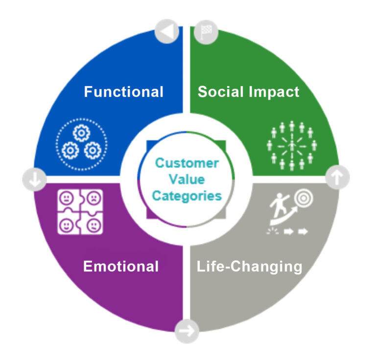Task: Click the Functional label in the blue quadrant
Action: pyautogui.click(x=123, y=91)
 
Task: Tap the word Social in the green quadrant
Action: pyautogui.click(x=220, y=91)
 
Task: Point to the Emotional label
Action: pyautogui.click(x=121, y=266)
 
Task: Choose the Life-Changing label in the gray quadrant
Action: pyautogui.click(x=249, y=267)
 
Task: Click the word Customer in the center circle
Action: pyautogui.click(x=187, y=163)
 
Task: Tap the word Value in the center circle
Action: pyautogui.click(x=187, y=180)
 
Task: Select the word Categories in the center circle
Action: pyautogui.click(x=187, y=196)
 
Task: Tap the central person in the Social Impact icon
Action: pyautogui.click(x=292, y=145)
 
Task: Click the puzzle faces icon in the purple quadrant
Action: pyautogui.click(x=79, y=211)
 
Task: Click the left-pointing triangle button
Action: pyautogui.click(x=166, y=32)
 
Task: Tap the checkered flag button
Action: pyautogui.click(x=203, y=32)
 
